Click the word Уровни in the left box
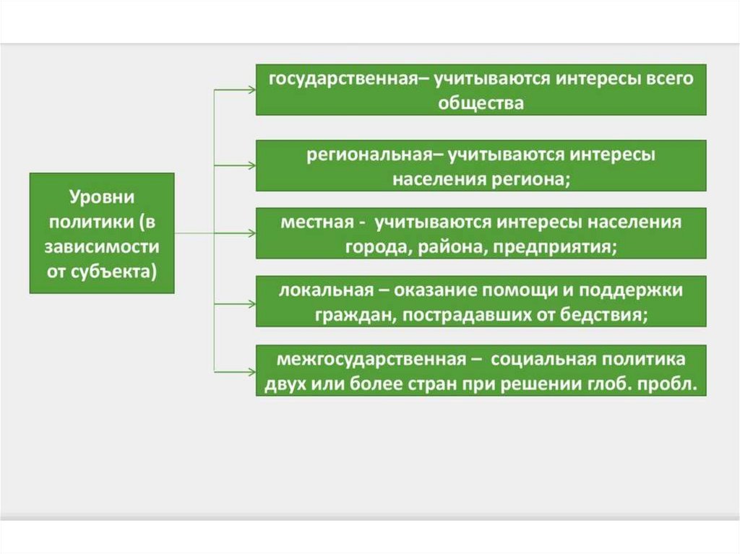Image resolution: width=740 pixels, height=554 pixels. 102,196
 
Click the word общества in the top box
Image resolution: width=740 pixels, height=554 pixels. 481,103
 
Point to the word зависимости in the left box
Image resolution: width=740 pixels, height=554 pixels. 102,246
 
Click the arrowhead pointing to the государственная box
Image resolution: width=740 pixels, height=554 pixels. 251,90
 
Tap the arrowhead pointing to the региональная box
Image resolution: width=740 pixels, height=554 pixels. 251,166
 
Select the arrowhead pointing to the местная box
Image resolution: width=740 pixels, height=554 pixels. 251,234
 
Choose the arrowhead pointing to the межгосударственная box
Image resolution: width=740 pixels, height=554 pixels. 251,371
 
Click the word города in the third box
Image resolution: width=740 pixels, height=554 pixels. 370,246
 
